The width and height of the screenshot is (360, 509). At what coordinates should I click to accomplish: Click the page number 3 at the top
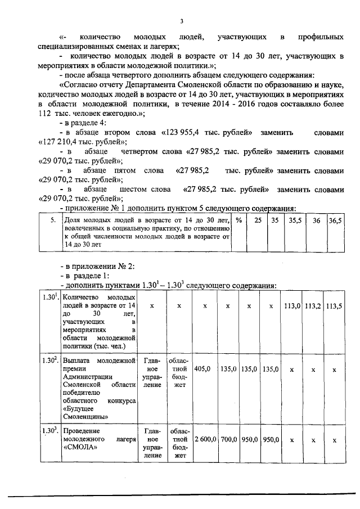pos(182,21)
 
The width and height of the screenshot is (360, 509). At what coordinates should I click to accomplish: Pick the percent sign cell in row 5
pos(238,221)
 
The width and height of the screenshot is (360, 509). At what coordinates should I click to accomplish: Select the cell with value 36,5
pos(335,221)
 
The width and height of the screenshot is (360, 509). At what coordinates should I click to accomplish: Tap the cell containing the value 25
pos(258,221)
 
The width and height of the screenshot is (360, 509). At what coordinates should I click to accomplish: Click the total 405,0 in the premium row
pos(202,370)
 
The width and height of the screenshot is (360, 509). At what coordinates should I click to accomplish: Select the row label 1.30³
pos(49,431)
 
